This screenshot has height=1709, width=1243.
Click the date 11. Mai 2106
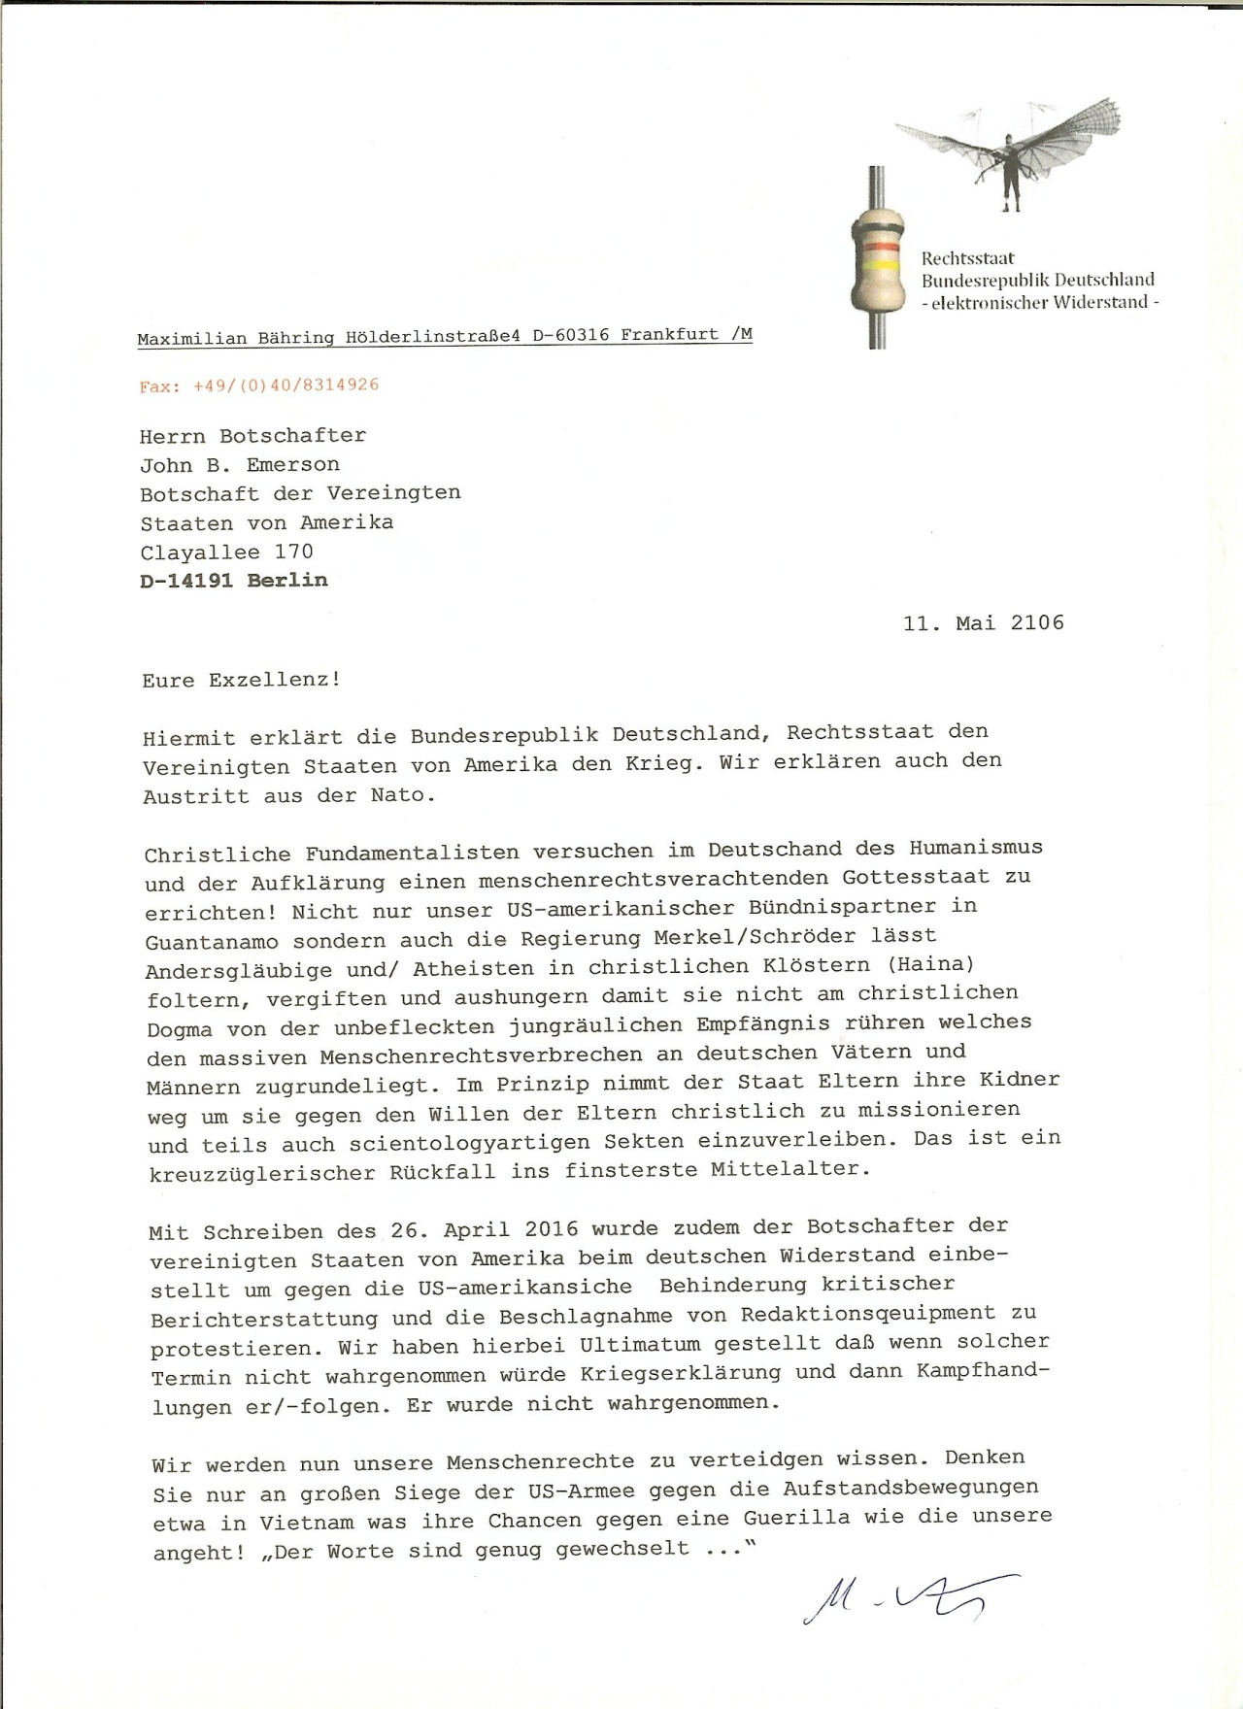[x=983, y=622]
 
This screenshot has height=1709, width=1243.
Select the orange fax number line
[x=258, y=385]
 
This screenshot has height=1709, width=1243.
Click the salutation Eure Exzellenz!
[x=241, y=680]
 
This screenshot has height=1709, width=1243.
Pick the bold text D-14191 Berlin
[x=234, y=581]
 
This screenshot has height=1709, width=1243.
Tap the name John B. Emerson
[x=240, y=464]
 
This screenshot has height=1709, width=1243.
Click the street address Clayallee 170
[x=226, y=553]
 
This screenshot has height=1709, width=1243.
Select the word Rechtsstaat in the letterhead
[x=967, y=258]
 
